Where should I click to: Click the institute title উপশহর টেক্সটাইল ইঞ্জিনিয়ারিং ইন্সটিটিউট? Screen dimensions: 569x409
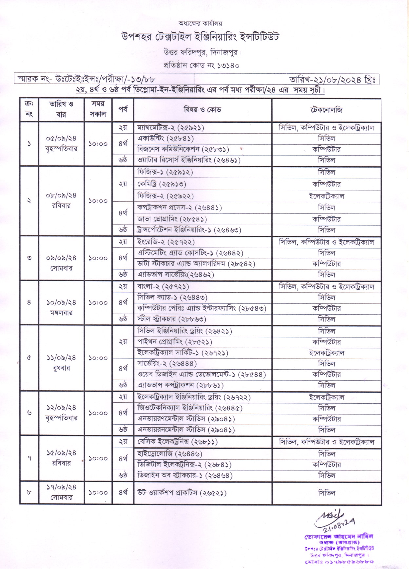click(x=200, y=37)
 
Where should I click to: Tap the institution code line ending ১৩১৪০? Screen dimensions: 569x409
click(x=201, y=65)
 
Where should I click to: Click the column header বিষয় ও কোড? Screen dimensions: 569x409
click(x=202, y=110)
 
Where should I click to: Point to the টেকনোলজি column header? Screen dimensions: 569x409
click(x=326, y=110)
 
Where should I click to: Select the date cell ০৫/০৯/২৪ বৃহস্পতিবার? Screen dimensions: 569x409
click(x=61, y=143)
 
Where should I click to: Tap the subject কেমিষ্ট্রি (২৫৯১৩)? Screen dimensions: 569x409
click(x=162, y=184)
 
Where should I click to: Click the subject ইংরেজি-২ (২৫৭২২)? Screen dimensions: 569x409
click(x=166, y=242)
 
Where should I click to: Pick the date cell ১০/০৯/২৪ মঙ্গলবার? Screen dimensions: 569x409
click(x=61, y=307)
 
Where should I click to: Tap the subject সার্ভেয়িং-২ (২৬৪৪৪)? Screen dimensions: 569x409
click(x=167, y=363)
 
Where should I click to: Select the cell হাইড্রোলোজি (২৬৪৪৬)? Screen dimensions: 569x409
click(x=170, y=454)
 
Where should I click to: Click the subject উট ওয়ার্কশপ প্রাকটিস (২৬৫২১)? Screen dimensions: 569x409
click(x=182, y=493)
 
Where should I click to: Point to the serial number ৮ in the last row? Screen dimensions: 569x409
click(x=29, y=492)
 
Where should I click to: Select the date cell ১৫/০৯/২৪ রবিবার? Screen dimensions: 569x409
click(x=61, y=458)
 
